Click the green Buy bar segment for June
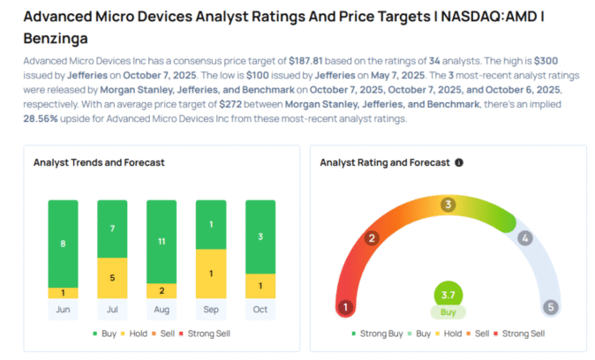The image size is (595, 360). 62,243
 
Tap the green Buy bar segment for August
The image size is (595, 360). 162,241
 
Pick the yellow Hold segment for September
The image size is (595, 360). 212,274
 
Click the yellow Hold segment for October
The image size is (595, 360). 260,286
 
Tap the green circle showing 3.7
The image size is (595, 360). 448,294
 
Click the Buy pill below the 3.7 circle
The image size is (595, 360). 448,312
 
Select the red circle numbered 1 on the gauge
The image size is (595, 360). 347,307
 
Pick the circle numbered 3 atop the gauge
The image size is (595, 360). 448,205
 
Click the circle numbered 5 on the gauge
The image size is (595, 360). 550,307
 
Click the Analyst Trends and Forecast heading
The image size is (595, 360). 99,162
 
